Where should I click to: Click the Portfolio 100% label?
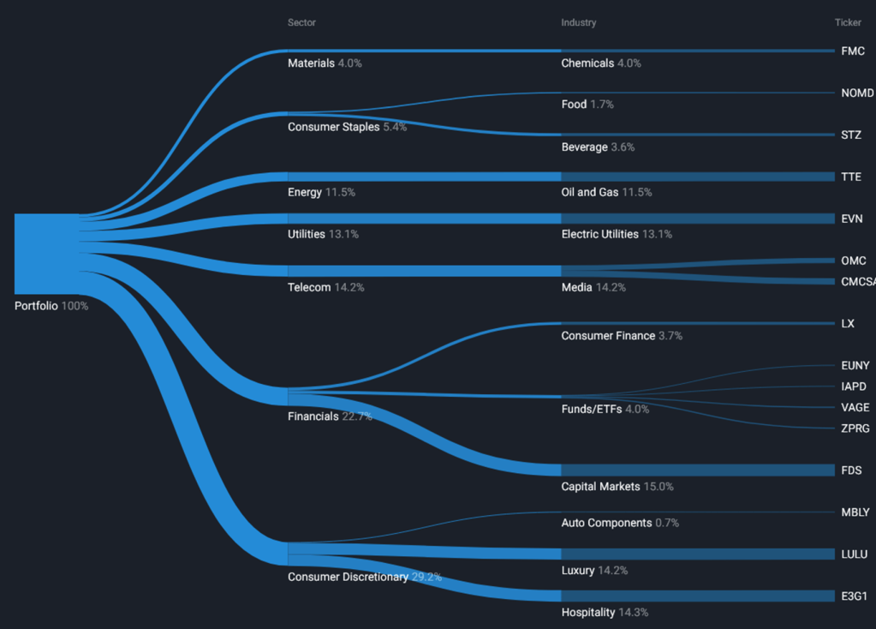[51, 305]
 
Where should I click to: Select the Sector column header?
[301, 22]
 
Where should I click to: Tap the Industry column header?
[579, 22]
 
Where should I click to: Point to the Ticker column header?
[848, 22]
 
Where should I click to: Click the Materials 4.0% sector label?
[325, 63]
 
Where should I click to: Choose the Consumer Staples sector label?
[347, 127]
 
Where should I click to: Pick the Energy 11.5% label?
[321, 192]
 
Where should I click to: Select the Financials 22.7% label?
[330, 416]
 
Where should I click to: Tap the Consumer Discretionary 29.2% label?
[365, 577]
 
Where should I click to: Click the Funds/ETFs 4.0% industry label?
[605, 409]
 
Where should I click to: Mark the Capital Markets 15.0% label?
[617, 486]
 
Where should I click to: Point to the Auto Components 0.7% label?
[620, 522]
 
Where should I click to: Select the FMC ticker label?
[853, 51]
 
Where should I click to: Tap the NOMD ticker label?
[857, 93]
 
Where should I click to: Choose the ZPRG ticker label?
[856, 428]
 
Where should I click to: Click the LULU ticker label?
[855, 554]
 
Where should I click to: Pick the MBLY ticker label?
[855, 512]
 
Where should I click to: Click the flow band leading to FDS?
[698, 470]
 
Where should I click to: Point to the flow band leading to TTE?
[698, 177]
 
